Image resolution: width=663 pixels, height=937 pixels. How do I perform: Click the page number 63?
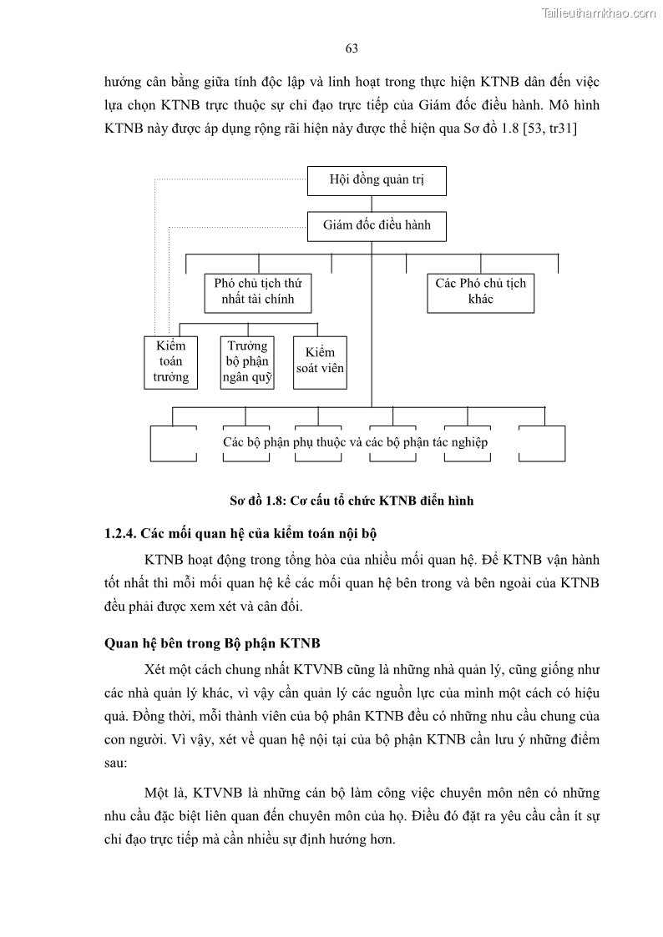(x=352, y=48)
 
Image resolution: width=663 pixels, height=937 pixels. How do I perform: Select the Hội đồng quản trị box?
(x=377, y=180)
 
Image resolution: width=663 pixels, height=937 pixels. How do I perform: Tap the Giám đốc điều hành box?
(x=377, y=225)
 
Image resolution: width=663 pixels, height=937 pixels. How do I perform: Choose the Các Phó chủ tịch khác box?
(x=480, y=291)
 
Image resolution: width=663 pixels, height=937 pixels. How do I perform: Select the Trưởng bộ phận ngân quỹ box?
(x=247, y=361)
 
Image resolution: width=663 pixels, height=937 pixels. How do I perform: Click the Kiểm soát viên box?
(x=320, y=361)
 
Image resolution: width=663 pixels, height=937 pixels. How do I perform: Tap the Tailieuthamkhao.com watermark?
(x=599, y=13)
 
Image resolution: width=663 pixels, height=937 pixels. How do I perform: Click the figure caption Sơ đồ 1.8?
(x=351, y=501)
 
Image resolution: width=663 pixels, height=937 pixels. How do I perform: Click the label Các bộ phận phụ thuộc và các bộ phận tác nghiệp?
(x=355, y=442)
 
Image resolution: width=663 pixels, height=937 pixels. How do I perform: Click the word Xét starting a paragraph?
(x=156, y=669)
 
